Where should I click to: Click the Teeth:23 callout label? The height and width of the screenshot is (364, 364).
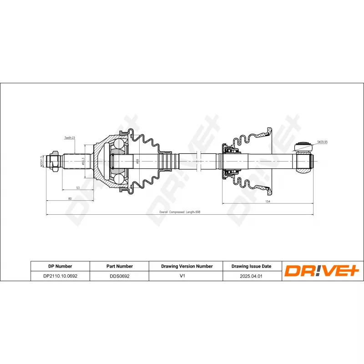(69, 137)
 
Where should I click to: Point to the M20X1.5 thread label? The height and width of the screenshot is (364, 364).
(41, 162)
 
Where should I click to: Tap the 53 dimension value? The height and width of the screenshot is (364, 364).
(78, 187)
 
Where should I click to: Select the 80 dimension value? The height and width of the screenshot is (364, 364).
(70, 198)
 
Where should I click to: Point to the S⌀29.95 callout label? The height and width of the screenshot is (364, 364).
(322, 142)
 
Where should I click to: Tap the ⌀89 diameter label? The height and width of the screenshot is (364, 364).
(137, 162)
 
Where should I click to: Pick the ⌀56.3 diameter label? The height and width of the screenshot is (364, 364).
(83, 162)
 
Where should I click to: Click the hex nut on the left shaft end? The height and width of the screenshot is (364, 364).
(54, 161)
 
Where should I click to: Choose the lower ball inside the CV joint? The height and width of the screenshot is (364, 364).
(119, 178)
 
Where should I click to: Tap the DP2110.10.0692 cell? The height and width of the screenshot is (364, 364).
(60, 276)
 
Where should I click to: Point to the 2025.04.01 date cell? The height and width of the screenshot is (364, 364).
(251, 276)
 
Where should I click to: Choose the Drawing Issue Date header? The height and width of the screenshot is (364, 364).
(251, 266)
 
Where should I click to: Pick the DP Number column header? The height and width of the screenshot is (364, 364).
(60, 266)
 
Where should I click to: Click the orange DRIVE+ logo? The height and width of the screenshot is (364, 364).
(322, 271)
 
